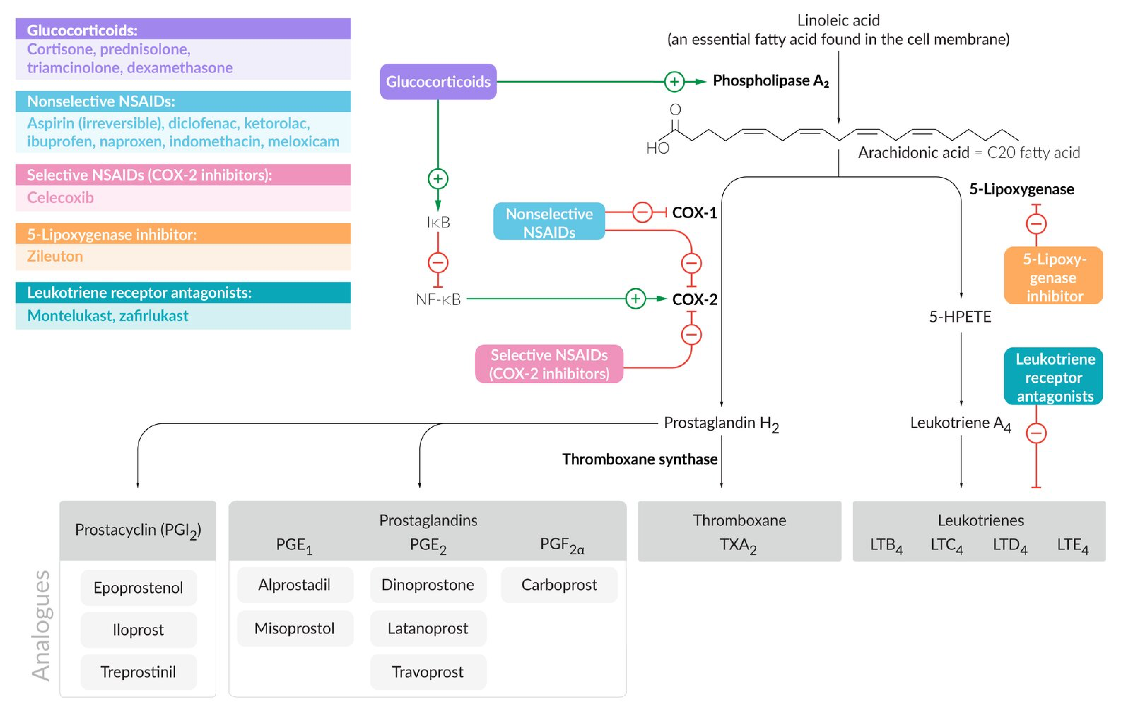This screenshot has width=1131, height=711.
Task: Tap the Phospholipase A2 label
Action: [770, 81]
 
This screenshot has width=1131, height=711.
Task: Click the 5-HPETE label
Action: [960, 317]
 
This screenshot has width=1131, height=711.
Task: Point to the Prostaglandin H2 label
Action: [721, 423]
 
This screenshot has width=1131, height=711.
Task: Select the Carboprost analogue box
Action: [559, 585]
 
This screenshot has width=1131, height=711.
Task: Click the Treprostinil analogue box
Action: [138, 672]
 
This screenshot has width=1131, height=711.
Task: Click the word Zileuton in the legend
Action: [55, 256]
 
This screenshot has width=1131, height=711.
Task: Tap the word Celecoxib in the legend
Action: [60, 198]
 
